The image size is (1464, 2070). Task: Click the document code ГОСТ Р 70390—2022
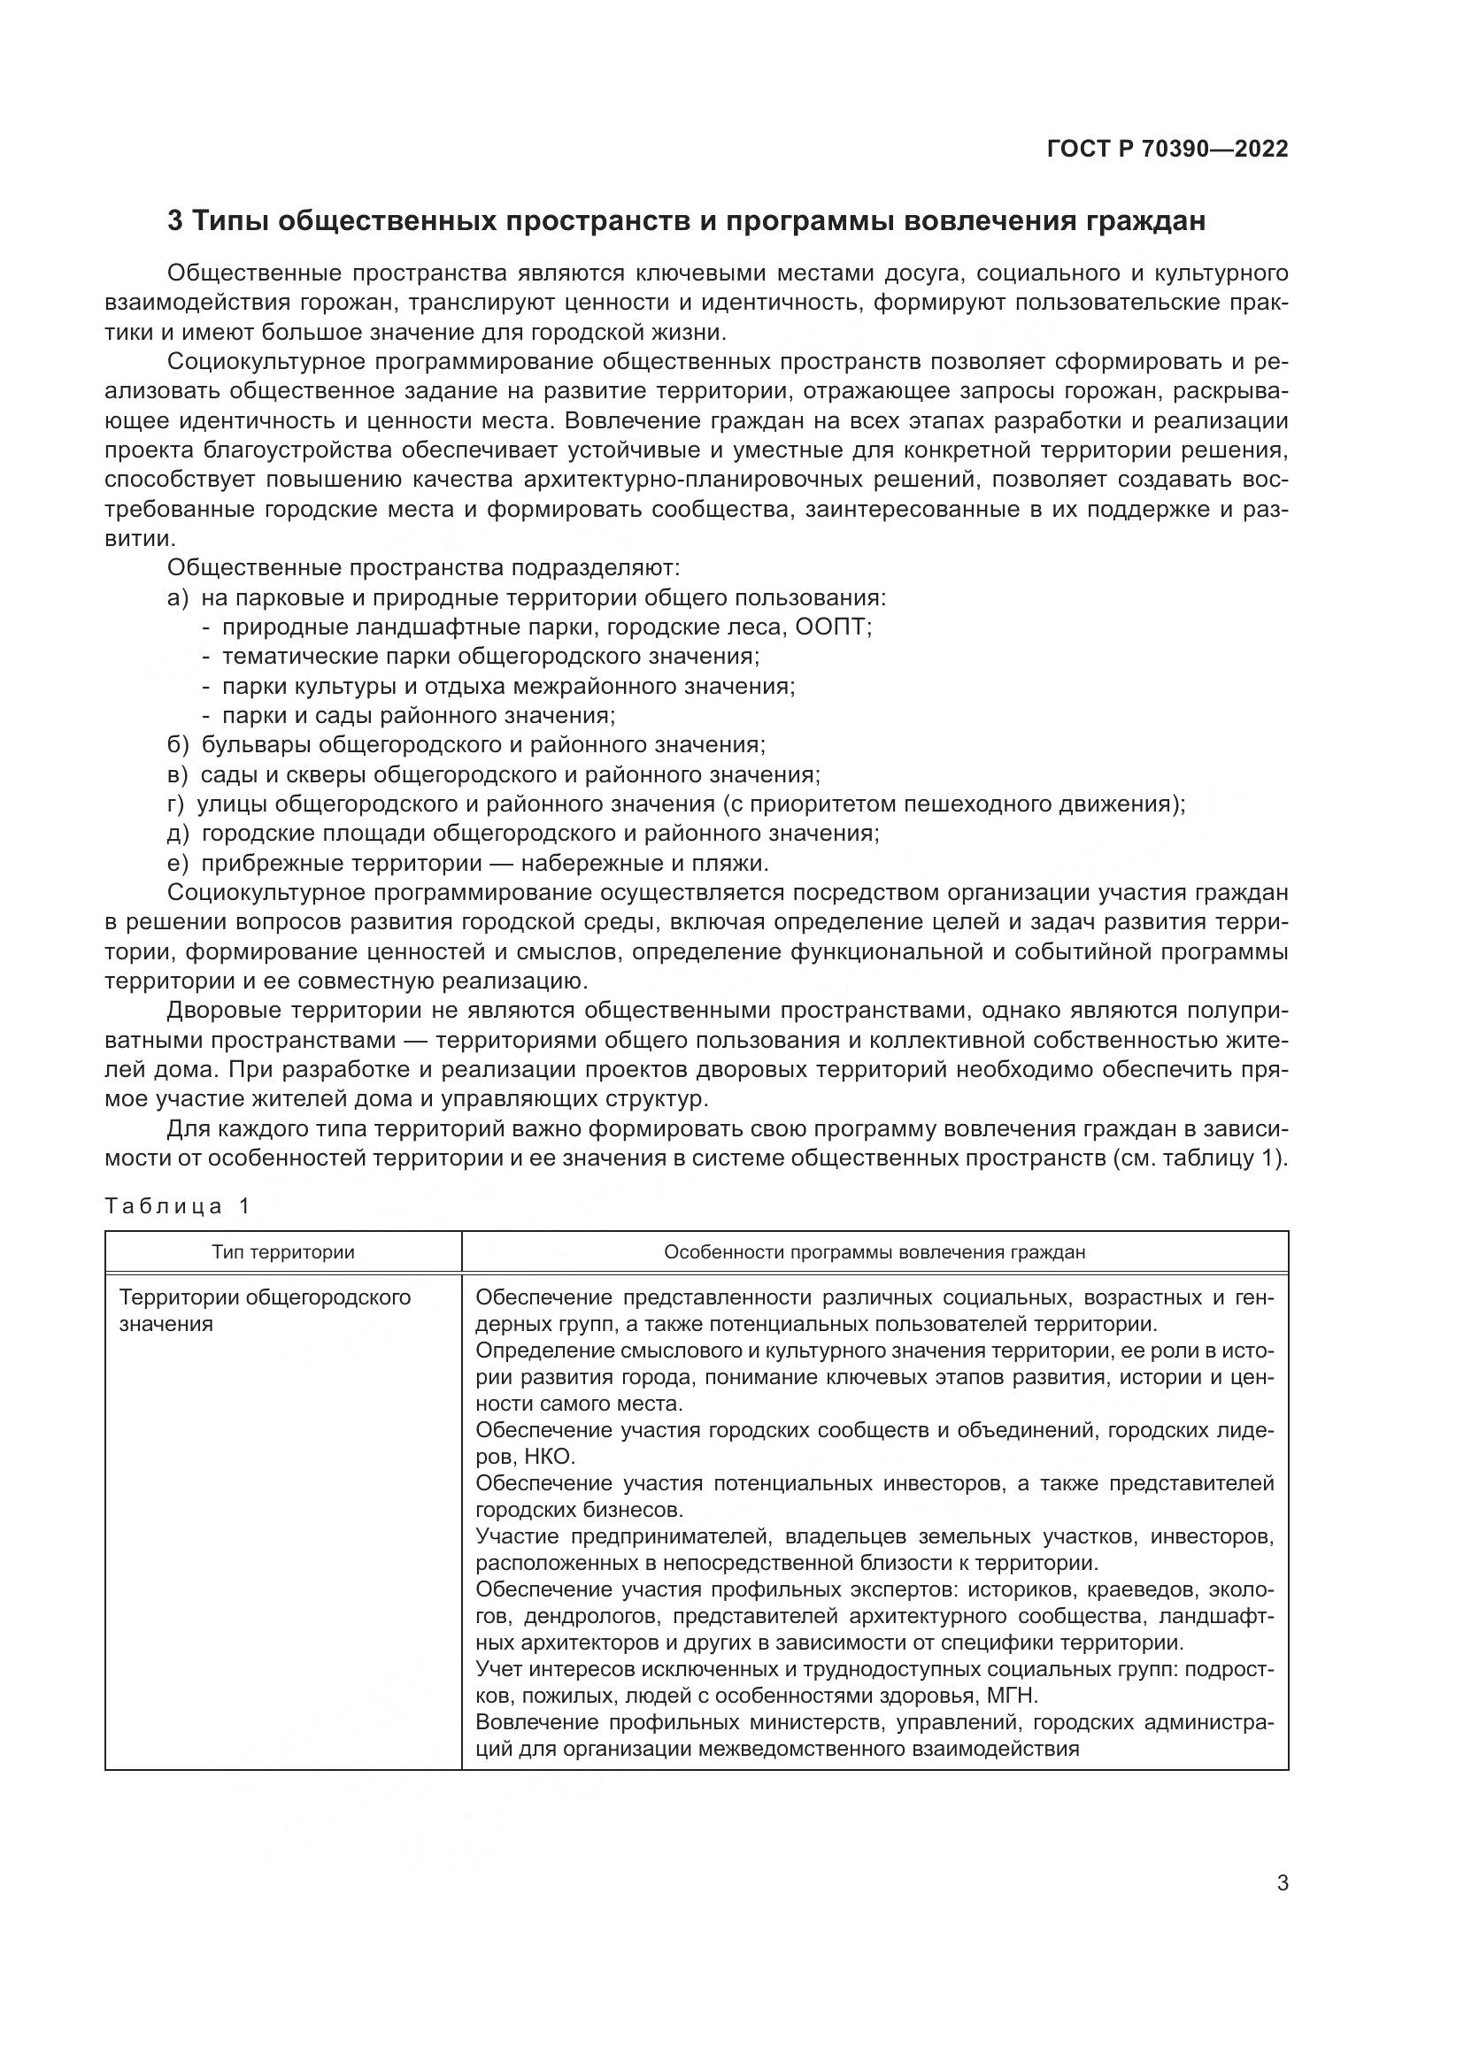(1167, 150)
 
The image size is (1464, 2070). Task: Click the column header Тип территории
(283, 1252)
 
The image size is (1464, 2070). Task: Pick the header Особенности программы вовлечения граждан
(875, 1252)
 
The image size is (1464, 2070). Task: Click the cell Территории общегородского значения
(265, 1310)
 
